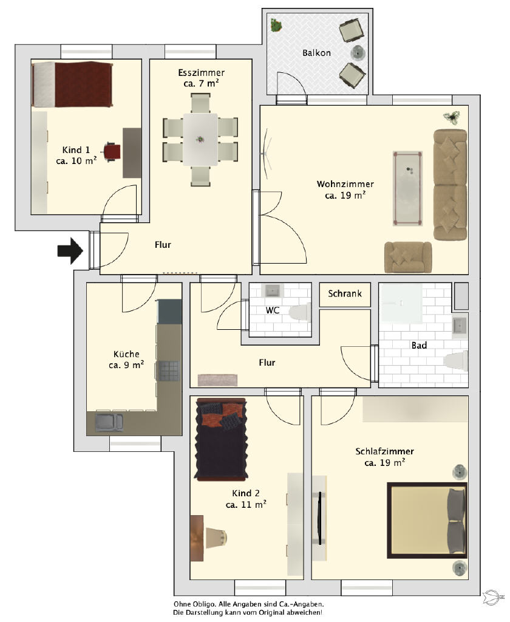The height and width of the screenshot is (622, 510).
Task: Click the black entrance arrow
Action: tap(70, 251)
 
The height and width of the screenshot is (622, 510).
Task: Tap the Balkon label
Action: tap(316, 53)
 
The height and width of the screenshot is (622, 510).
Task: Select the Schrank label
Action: tap(345, 293)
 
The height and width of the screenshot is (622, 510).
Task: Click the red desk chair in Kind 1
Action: tap(112, 151)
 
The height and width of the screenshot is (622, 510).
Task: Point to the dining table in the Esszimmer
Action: tap(200, 139)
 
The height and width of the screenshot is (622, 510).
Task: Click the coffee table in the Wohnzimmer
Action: tap(407, 188)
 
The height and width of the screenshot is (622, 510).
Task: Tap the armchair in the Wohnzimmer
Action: tap(408, 257)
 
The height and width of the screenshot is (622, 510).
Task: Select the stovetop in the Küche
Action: tap(169, 371)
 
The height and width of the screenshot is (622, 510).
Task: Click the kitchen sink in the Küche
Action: tap(109, 423)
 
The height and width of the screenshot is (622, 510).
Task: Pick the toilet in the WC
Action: tap(300, 312)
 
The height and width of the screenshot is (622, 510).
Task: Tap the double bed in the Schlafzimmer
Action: tap(427, 521)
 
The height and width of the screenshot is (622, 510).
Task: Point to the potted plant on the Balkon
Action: tap(276, 25)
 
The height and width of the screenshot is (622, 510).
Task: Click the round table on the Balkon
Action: tap(358, 52)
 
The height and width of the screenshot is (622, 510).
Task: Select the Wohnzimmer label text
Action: tap(345, 184)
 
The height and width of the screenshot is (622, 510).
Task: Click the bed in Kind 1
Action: tap(72, 84)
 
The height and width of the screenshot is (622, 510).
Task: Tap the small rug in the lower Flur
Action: tap(218, 380)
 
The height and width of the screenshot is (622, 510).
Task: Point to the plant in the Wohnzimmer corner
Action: tap(452, 117)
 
